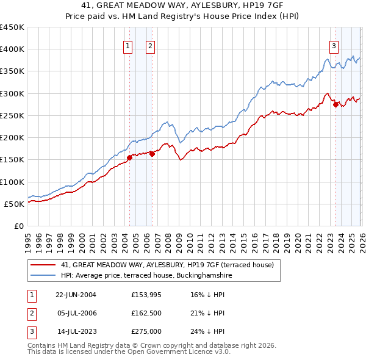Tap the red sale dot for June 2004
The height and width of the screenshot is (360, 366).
pos(129,158)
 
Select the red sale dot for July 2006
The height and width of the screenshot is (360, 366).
pos(152,154)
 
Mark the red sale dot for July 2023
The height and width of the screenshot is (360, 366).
pos(335,105)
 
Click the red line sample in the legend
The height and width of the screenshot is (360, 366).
pos(44,265)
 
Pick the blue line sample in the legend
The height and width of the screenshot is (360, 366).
pos(44,275)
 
